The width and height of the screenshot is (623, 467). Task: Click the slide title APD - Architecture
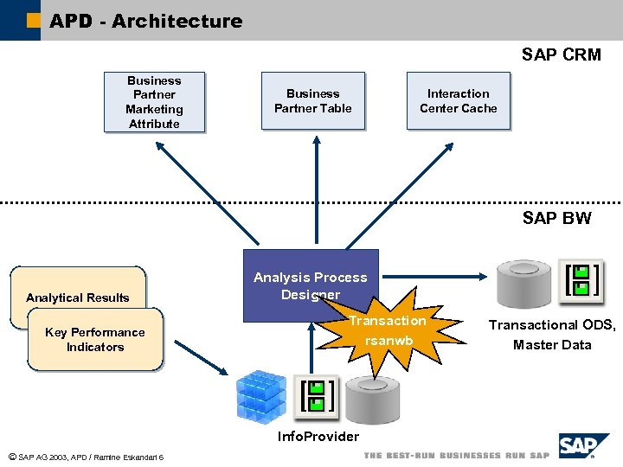tap(145, 21)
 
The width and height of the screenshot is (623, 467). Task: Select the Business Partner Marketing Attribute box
tap(154, 102)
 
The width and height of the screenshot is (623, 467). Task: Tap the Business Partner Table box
tap(313, 101)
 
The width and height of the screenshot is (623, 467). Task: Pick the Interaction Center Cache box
tap(459, 101)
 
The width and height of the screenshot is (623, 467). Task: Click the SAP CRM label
tap(561, 54)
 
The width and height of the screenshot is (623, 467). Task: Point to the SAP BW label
tap(556, 218)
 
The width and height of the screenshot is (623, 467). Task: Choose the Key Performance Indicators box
tap(95, 340)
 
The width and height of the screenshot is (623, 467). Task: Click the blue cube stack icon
tap(261, 396)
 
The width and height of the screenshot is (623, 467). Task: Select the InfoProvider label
tap(318, 437)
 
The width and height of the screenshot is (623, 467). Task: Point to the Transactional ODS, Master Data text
tap(552, 335)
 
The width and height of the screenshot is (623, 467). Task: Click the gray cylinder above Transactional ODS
tap(523, 281)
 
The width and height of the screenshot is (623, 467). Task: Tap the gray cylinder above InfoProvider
tap(372, 399)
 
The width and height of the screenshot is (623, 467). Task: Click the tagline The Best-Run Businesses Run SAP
tap(456, 455)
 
